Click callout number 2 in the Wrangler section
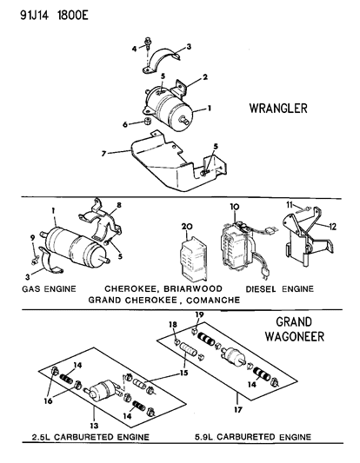tap(205, 77)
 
